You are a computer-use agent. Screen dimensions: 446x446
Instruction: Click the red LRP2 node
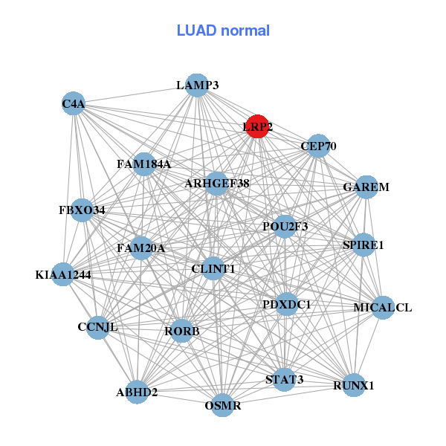click(257, 126)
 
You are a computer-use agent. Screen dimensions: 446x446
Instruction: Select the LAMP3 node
click(196, 85)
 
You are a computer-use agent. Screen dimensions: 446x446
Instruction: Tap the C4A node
click(74, 104)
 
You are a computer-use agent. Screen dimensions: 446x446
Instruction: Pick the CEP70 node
click(317, 146)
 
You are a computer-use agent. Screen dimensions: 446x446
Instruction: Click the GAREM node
click(366, 187)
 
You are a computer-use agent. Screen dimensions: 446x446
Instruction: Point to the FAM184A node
click(144, 164)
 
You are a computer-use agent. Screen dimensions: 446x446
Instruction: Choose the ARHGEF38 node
click(216, 183)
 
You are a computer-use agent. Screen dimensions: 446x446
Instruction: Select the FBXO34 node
click(82, 210)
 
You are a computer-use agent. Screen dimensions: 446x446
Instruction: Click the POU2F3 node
click(285, 226)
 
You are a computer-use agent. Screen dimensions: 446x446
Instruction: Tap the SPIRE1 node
click(363, 245)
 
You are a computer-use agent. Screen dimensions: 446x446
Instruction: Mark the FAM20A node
click(140, 248)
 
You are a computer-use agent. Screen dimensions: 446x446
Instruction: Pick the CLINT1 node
click(213, 268)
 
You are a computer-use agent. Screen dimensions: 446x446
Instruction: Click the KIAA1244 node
click(63, 274)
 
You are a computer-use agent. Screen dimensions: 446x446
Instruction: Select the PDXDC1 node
click(287, 304)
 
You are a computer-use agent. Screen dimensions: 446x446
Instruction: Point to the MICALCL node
click(382, 307)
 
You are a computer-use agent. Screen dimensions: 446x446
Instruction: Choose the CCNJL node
click(97, 326)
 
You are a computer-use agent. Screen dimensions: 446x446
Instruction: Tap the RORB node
click(181, 331)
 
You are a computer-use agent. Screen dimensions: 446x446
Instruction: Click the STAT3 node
click(284, 380)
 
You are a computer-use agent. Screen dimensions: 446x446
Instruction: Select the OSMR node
click(222, 405)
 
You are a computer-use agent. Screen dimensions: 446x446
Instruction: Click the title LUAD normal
click(223, 30)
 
